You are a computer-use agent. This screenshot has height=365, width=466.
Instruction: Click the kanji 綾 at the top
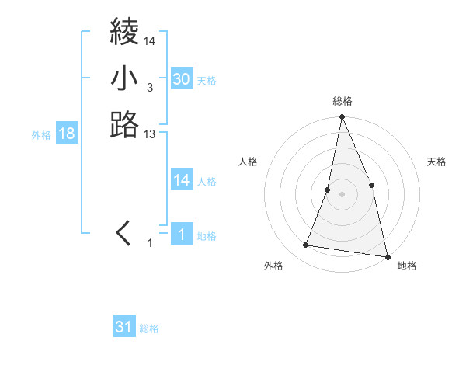point(124,32)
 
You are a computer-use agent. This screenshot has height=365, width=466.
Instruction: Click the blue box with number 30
point(181,78)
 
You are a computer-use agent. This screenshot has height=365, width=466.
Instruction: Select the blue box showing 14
point(181,180)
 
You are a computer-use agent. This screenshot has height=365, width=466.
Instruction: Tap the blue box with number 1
point(181,234)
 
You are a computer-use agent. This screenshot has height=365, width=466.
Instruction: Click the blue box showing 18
point(67,134)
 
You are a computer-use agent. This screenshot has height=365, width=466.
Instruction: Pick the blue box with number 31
point(124,327)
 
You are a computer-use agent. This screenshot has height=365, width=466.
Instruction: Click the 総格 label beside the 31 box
point(149,328)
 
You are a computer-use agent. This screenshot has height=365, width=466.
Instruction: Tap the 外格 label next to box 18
point(41,135)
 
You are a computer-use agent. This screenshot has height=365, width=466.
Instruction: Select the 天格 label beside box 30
point(207,81)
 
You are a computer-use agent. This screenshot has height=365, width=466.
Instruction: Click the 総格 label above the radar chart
point(343,101)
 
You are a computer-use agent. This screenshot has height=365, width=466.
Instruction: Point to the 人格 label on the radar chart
point(249,162)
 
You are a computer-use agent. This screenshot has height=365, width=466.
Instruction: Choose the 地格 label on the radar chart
point(407,266)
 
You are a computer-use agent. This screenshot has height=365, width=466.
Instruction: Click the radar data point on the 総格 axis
point(342,117)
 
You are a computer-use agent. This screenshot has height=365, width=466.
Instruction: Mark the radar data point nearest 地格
point(387,256)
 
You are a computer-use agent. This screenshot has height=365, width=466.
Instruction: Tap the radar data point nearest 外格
point(306,245)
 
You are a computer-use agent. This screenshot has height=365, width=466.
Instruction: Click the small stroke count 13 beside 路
point(150,135)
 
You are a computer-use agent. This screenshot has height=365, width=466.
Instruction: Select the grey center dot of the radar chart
point(342,194)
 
